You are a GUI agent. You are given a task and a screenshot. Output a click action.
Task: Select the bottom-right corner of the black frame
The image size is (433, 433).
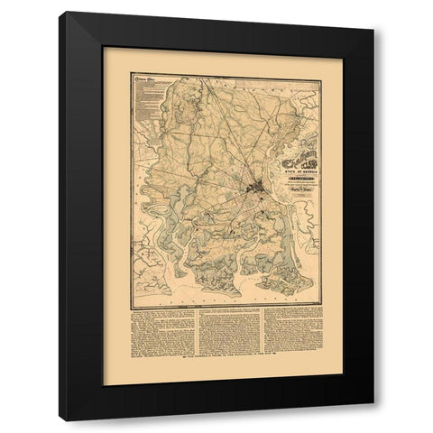pyautogui.click(x=373, y=404)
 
